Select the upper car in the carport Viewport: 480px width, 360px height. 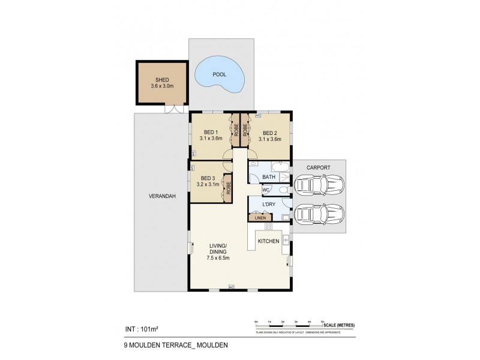[319, 185]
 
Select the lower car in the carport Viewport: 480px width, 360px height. [319, 213]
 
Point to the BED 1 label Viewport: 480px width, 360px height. [211, 132]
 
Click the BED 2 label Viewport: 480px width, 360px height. [268, 132]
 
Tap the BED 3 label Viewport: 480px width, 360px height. [208, 178]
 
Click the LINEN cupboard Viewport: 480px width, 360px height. [260, 218]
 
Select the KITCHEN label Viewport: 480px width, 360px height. [268, 241]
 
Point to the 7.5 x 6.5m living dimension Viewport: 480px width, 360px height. [218, 258]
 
